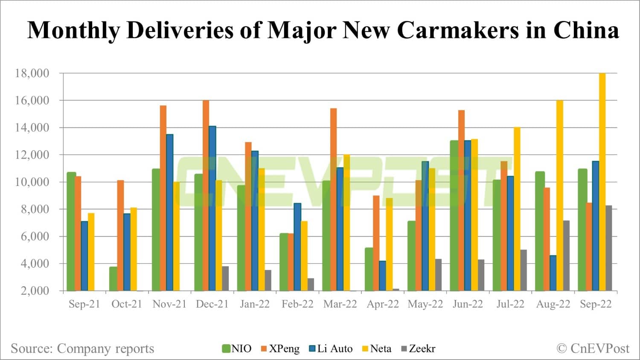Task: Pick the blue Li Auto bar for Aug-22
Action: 553,273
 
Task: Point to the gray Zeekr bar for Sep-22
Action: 609,248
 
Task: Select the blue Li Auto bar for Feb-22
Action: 297,247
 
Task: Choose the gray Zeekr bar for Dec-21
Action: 225,279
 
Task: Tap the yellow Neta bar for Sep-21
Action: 91,252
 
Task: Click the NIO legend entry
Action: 237,348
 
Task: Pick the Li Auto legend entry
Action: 331,348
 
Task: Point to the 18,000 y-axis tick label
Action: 32,73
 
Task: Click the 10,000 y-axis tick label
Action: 32,182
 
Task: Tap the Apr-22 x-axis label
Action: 383,304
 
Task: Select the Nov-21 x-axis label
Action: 169,304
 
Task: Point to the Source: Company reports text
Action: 82,348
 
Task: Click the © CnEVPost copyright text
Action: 593,348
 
